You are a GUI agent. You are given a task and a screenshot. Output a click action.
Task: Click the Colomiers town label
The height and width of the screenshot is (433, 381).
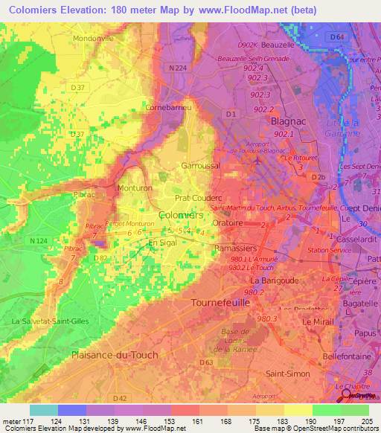(182, 214)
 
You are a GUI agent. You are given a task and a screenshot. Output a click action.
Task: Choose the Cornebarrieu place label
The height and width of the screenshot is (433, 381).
(173, 108)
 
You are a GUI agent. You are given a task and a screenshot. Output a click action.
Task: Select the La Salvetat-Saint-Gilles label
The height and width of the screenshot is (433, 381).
(46, 321)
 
